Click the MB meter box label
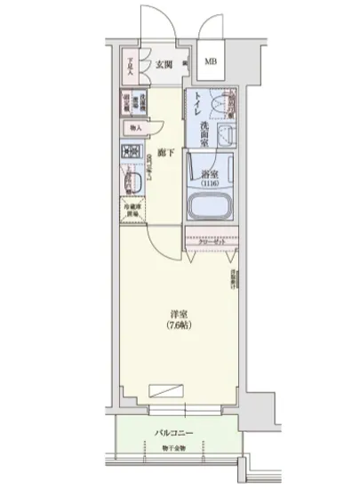point(211,62)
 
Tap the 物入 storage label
point(133,127)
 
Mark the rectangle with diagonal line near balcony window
point(168,389)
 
